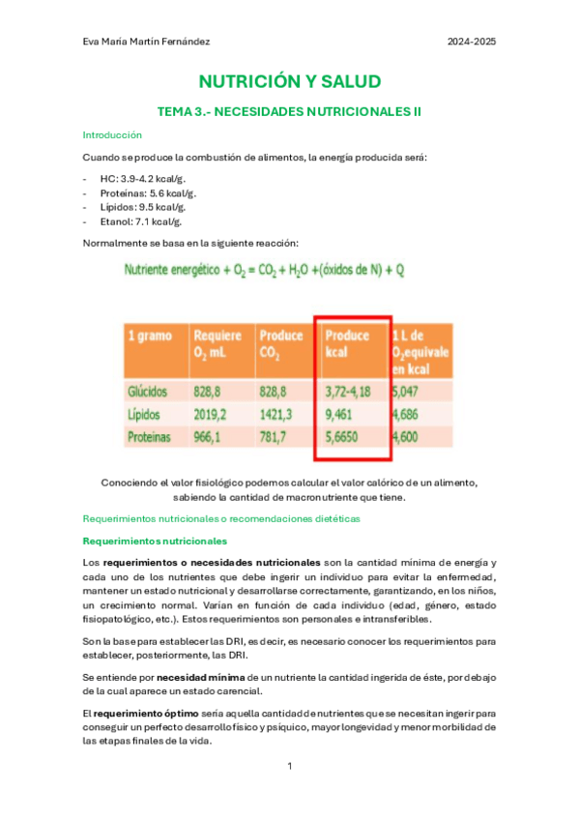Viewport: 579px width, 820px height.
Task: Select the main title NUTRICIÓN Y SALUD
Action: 289,81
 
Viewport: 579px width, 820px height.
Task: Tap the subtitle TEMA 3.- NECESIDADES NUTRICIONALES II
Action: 289,112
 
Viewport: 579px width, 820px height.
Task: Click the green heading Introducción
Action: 112,135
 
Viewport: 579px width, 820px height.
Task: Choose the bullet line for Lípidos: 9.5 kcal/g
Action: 143,207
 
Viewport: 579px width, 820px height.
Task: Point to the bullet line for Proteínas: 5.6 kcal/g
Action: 150,193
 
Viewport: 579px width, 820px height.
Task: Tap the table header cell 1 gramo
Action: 151,337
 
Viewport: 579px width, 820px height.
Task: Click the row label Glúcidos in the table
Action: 148,392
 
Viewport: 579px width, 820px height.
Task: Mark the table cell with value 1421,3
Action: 277,414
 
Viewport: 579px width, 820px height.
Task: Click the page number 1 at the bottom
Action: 289,766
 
